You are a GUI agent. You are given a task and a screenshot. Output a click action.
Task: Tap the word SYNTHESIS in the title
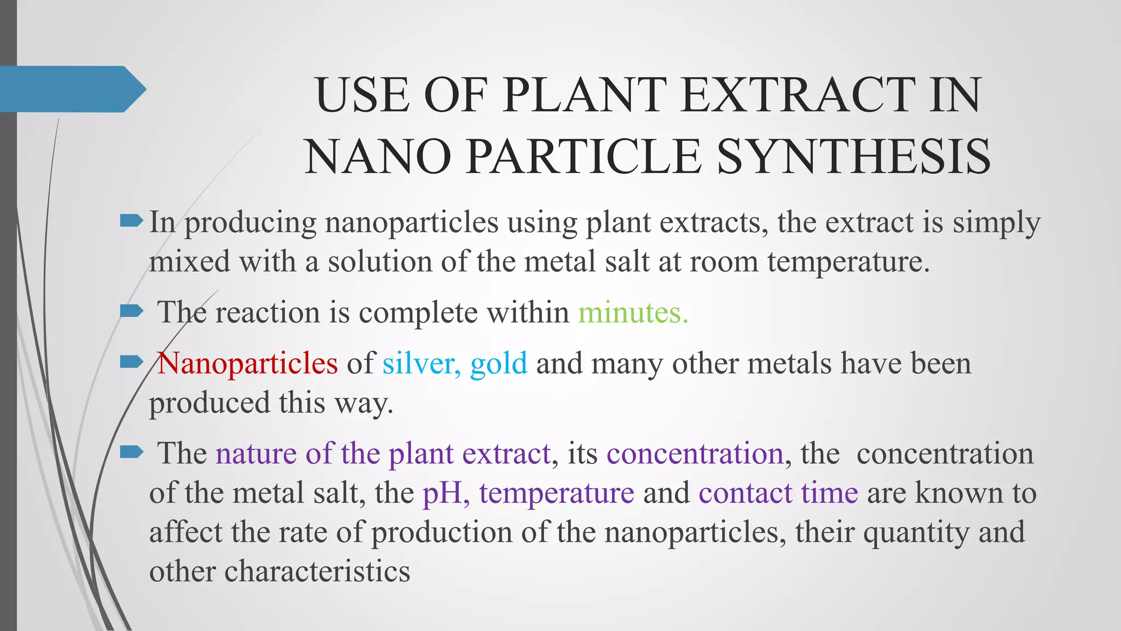click(853, 157)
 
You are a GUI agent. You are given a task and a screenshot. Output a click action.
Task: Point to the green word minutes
click(633, 313)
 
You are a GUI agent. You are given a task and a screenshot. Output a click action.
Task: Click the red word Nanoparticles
click(248, 363)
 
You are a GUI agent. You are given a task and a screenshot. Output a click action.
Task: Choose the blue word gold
click(499, 363)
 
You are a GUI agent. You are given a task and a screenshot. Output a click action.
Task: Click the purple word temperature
click(557, 492)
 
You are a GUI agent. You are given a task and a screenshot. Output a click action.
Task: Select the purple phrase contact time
click(778, 492)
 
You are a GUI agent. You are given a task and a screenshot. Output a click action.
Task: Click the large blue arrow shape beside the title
click(71, 89)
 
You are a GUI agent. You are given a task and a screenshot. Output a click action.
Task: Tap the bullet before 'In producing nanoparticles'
click(131, 221)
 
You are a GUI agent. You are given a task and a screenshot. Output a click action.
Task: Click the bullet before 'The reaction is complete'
click(131, 312)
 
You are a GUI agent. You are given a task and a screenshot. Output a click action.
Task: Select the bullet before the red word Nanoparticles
click(131, 362)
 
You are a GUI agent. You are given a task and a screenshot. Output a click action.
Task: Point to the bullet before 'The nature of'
click(131, 452)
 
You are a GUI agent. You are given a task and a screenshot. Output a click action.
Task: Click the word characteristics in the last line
click(317, 571)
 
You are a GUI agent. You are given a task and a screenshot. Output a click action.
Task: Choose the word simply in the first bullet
click(996, 223)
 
